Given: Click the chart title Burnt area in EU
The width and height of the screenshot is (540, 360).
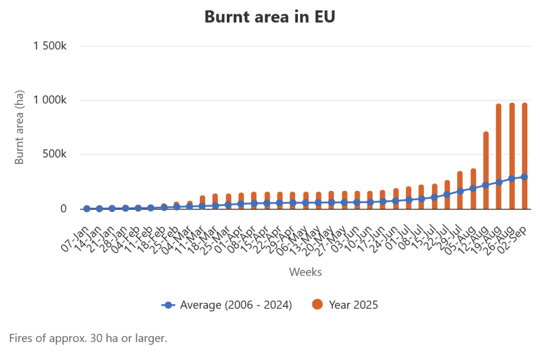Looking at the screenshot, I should click(x=269, y=17).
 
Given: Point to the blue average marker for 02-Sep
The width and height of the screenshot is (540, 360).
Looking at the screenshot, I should click(x=524, y=177).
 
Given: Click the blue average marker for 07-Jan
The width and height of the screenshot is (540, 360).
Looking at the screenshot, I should click(x=86, y=209).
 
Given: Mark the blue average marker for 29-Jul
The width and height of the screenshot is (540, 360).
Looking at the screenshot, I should click(x=460, y=191).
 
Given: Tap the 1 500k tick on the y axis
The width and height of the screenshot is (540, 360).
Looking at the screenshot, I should click(x=50, y=46).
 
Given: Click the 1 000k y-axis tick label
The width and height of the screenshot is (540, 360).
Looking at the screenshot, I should click(x=50, y=100).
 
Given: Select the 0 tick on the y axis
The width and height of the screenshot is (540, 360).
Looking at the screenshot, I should click(x=64, y=209).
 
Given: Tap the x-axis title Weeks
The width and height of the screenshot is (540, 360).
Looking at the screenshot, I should click(x=305, y=272).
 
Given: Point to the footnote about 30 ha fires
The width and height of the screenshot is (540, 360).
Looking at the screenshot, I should click(x=88, y=338).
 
